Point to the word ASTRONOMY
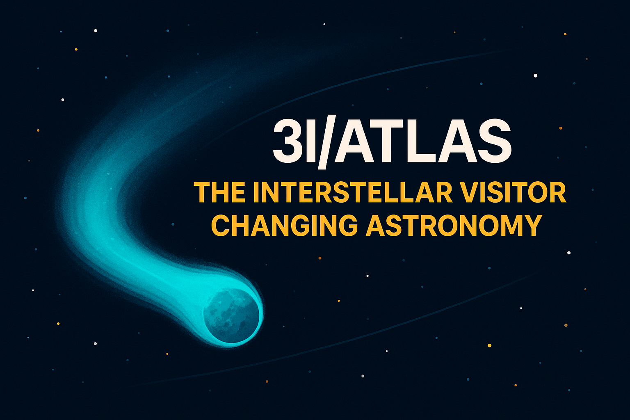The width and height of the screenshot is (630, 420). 454,225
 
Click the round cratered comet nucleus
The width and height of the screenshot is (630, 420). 231,316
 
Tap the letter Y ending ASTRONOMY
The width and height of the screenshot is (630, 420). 532,225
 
